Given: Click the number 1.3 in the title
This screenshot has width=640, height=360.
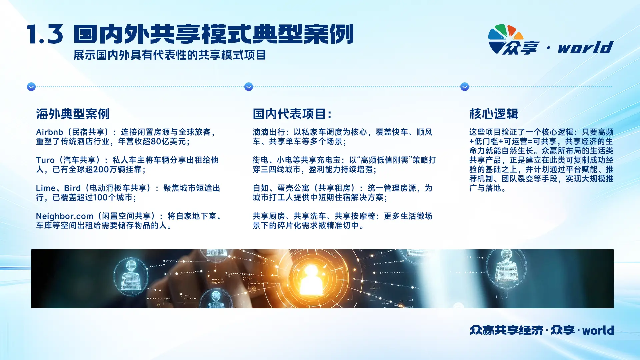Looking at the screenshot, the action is pyautogui.click(x=45, y=34).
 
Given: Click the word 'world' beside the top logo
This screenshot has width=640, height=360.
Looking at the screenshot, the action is pyautogui.click(x=586, y=47).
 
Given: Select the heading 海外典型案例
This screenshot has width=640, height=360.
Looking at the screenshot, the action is pyautogui.click(x=73, y=114).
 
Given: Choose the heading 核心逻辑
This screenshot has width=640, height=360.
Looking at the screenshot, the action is pyautogui.click(x=494, y=114).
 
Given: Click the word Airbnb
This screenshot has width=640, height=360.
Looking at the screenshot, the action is pyautogui.click(x=49, y=132).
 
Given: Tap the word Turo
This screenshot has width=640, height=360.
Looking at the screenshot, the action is pyautogui.click(x=45, y=160).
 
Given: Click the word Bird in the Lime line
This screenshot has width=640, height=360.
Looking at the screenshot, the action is pyautogui.click(x=72, y=188).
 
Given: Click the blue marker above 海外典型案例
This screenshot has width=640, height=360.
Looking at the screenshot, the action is pyautogui.click(x=31, y=87).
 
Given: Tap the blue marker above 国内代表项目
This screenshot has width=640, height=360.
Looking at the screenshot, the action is pyautogui.click(x=249, y=87).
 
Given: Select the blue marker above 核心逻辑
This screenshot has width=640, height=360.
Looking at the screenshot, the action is pyautogui.click(x=465, y=87).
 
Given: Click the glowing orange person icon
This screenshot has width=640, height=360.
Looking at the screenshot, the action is pyautogui.click(x=311, y=278).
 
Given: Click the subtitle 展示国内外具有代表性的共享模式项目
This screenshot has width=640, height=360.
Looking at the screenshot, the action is pyautogui.click(x=170, y=55).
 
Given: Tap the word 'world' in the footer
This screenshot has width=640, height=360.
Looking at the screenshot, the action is pyautogui.click(x=598, y=330).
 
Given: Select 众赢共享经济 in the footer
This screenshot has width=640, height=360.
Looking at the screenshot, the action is pyautogui.click(x=507, y=330).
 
